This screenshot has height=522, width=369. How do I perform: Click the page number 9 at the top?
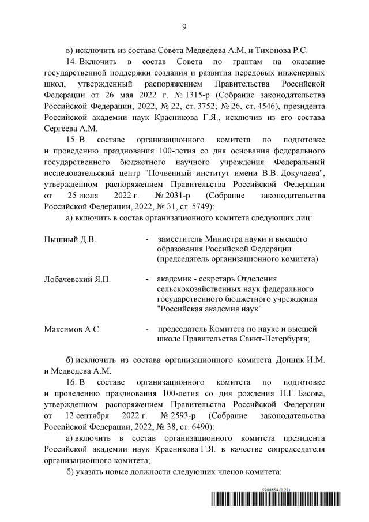(x=184, y=26)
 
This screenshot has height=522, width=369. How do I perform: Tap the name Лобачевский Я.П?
(x=77, y=279)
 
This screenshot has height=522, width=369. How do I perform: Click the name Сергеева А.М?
(x=69, y=128)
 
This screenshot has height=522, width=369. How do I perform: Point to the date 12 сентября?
(x=87, y=416)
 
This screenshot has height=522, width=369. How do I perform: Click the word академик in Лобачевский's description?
(x=175, y=279)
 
